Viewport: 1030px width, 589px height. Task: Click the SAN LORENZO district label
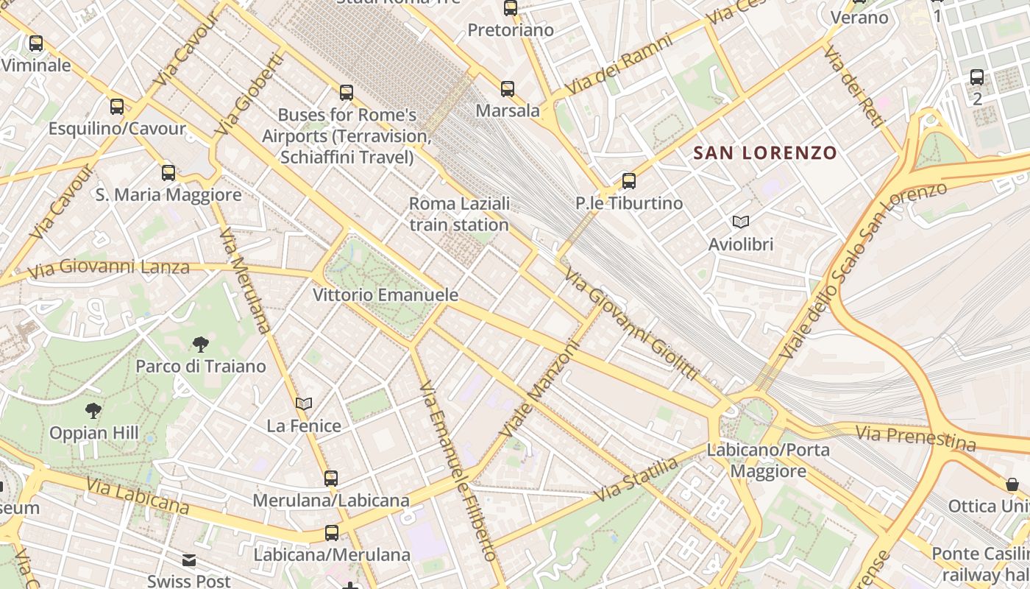pyautogui.click(x=765, y=153)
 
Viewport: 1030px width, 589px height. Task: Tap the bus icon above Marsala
pyautogui.click(x=507, y=89)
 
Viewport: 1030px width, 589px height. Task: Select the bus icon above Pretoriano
pyautogui.click(x=510, y=8)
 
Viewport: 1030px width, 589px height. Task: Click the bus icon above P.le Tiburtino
pyautogui.click(x=628, y=180)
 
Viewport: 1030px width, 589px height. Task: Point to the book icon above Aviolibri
pyautogui.click(x=740, y=222)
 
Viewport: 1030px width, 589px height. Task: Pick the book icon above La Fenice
pyautogui.click(x=304, y=403)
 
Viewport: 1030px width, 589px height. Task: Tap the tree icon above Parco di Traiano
pyautogui.click(x=200, y=344)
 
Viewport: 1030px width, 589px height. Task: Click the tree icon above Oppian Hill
pyautogui.click(x=93, y=410)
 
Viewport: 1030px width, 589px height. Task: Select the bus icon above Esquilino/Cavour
pyautogui.click(x=116, y=107)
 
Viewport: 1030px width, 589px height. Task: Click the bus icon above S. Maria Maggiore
pyautogui.click(x=168, y=173)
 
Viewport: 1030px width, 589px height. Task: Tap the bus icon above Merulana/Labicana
pyautogui.click(x=331, y=479)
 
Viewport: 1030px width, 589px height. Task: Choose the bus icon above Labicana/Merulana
pyautogui.click(x=332, y=533)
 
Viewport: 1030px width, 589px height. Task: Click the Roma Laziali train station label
pyautogui.click(x=459, y=214)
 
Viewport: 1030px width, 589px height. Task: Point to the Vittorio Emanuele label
pyautogui.click(x=386, y=295)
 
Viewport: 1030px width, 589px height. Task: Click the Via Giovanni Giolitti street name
pyautogui.click(x=631, y=325)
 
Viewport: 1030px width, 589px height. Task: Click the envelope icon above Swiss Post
pyautogui.click(x=189, y=561)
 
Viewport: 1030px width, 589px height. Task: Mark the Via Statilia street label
pyautogui.click(x=636, y=479)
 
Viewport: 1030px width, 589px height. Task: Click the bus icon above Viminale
pyautogui.click(x=35, y=43)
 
